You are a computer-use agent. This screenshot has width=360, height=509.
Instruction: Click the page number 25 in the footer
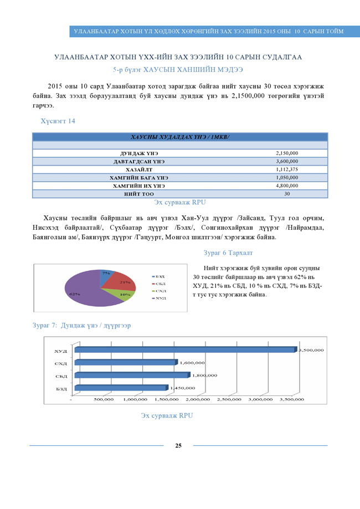(x=178, y=446)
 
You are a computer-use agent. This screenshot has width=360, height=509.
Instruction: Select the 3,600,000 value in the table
(x=287, y=161)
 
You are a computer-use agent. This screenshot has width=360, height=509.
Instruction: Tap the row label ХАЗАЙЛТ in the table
(x=135, y=169)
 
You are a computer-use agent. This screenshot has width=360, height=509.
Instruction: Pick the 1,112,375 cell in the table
(x=287, y=169)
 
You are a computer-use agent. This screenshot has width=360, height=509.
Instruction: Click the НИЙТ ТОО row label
(x=135, y=194)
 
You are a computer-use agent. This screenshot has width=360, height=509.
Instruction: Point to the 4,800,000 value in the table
(x=287, y=186)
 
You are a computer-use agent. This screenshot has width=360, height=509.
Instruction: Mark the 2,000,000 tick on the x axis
(x=198, y=399)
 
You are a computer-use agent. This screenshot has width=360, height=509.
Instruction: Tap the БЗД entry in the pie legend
(x=160, y=276)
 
